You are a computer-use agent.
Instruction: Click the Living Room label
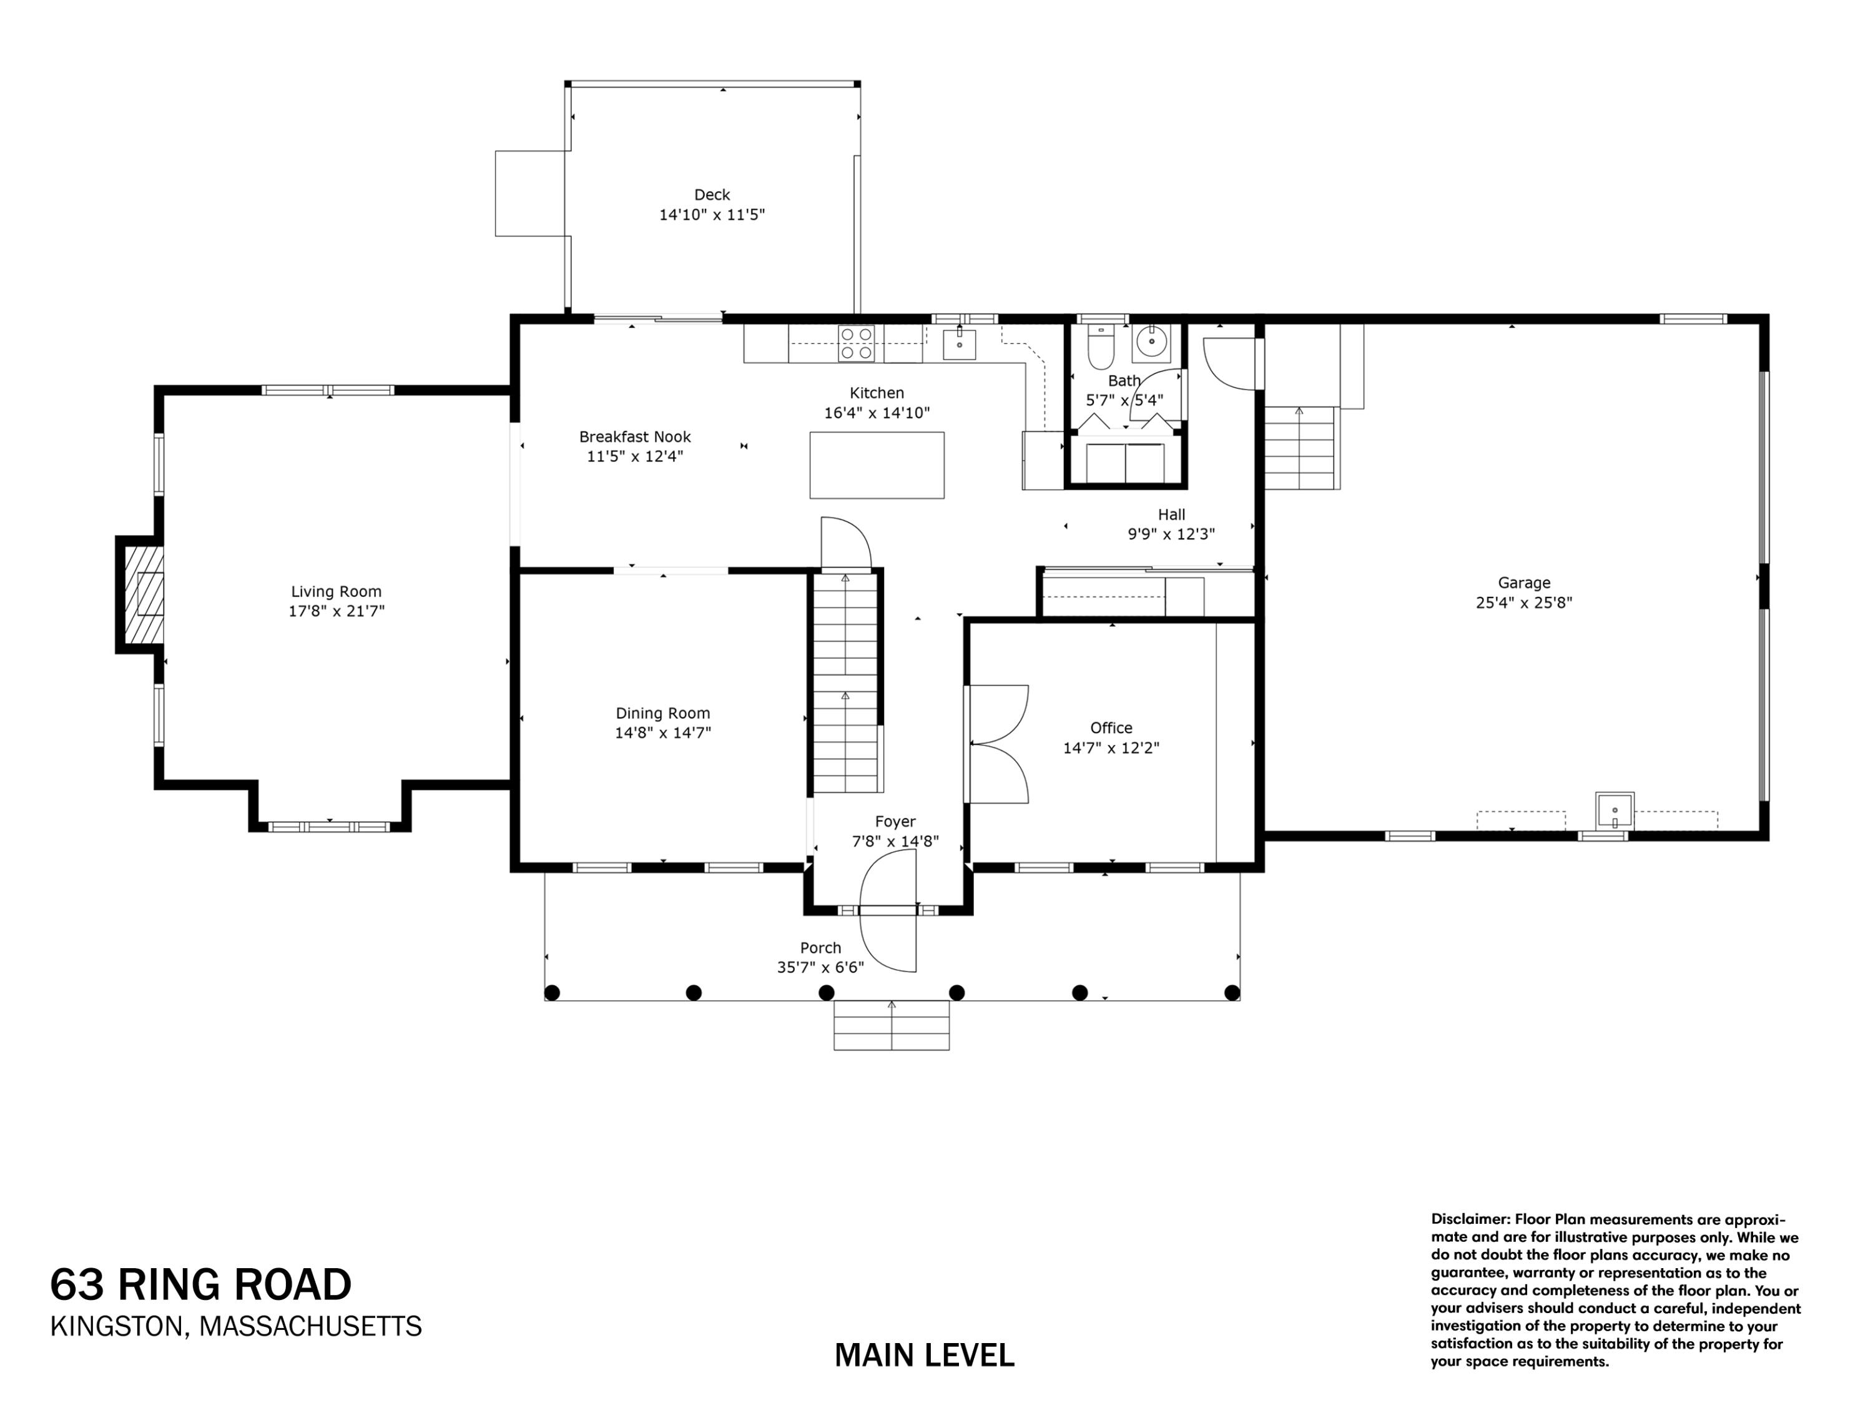tap(336, 592)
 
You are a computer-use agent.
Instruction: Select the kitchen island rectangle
tap(877, 465)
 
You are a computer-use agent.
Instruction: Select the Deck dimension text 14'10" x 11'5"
tap(711, 215)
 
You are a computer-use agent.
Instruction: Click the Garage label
tap(1523, 583)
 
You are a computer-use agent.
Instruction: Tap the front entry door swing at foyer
tap(889, 910)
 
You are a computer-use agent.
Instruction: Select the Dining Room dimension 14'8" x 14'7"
tap(662, 733)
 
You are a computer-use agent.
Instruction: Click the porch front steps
tap(891, 1025)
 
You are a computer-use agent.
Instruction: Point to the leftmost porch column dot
tap(552, 992)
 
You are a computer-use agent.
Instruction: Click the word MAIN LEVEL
tap(924, 1356)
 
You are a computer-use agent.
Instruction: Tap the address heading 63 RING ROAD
tap(200, 1284)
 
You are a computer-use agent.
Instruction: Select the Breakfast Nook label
tap(634, 437)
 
